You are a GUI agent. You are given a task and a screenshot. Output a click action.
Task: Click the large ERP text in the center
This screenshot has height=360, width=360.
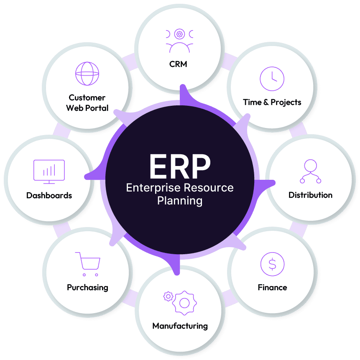(180, 166)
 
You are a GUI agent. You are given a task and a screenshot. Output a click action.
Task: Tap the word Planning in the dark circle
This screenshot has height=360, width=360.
(180, 201)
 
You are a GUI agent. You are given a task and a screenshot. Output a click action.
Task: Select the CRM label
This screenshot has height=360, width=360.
(178, 64)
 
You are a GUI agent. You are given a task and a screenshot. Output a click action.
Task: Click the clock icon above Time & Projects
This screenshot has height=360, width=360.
(272, 79)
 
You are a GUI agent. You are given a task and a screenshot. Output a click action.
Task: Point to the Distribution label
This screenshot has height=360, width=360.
(310, 195)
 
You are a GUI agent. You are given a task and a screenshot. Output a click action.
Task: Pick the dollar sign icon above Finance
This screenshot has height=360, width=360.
(272, 264)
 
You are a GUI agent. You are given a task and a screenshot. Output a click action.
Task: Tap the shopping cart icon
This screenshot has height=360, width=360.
(88, 263)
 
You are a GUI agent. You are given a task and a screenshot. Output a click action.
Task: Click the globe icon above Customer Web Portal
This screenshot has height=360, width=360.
(87, 74)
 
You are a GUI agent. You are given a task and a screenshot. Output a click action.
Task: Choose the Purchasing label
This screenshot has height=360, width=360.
(87, 288)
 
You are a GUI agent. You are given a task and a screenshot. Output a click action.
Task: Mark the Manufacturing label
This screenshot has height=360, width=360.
(180, 326)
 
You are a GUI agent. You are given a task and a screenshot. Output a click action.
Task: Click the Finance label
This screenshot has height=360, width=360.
(272, 288)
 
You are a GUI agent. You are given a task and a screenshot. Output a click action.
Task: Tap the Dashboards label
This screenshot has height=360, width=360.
(49, 195)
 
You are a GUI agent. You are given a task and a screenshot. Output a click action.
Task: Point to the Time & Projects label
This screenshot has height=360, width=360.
(272, 102)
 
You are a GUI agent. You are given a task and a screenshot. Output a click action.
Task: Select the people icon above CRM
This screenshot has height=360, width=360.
(179, 40)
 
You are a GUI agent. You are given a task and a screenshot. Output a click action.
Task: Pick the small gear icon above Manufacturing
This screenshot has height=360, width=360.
(168, 296)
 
